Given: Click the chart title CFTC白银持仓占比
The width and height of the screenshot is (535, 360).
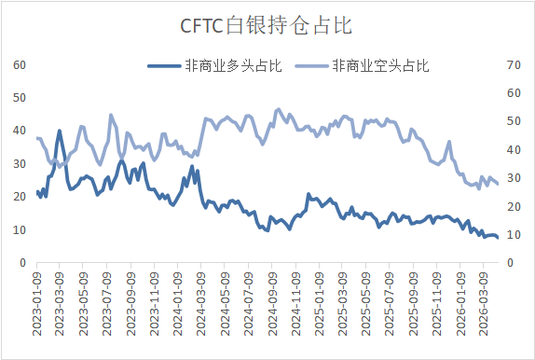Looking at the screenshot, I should (267, 24).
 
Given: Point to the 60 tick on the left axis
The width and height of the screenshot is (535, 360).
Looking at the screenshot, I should (20, 64).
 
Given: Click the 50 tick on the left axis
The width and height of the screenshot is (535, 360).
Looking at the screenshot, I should (20, 98).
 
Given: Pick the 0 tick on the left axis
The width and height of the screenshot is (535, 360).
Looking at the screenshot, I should (22, 263).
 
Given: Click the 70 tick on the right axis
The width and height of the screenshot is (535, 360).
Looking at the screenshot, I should (511, 64).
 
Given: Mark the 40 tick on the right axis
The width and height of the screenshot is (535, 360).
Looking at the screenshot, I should (511, 149).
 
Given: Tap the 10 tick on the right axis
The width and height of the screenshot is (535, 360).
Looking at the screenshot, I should (511, 235).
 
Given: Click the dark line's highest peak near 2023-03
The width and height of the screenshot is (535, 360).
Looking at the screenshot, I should (60, 131).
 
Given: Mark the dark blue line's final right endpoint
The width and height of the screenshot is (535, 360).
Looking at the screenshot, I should (498, 238).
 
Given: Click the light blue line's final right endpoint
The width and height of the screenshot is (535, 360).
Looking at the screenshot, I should (498, 183).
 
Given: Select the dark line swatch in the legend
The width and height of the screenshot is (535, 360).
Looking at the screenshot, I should (165, 65).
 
